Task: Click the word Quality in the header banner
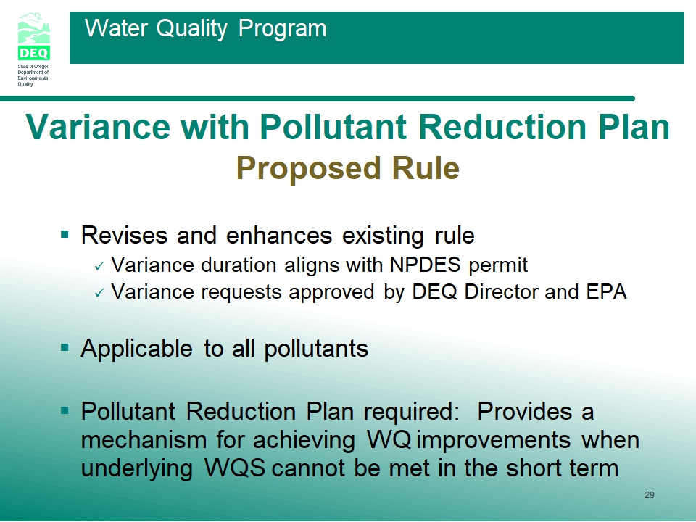[x=191, y=29]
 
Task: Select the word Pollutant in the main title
[x=333, y=127]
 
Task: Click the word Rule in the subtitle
[x=426, y=168]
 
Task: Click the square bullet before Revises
[x=65, y=234]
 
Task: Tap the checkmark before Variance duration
[x=99, y=266]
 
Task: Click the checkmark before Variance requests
[x=99, y=292]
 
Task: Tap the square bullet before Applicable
[x=65, y=347]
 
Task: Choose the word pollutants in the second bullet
[x=316, y=349]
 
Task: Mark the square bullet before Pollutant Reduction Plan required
[x=65, y=410]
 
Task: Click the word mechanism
[x=144, y=440]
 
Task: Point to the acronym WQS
[x=235, y=468]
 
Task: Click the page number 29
[x=650, y=495]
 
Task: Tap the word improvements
[x=494, y=440]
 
